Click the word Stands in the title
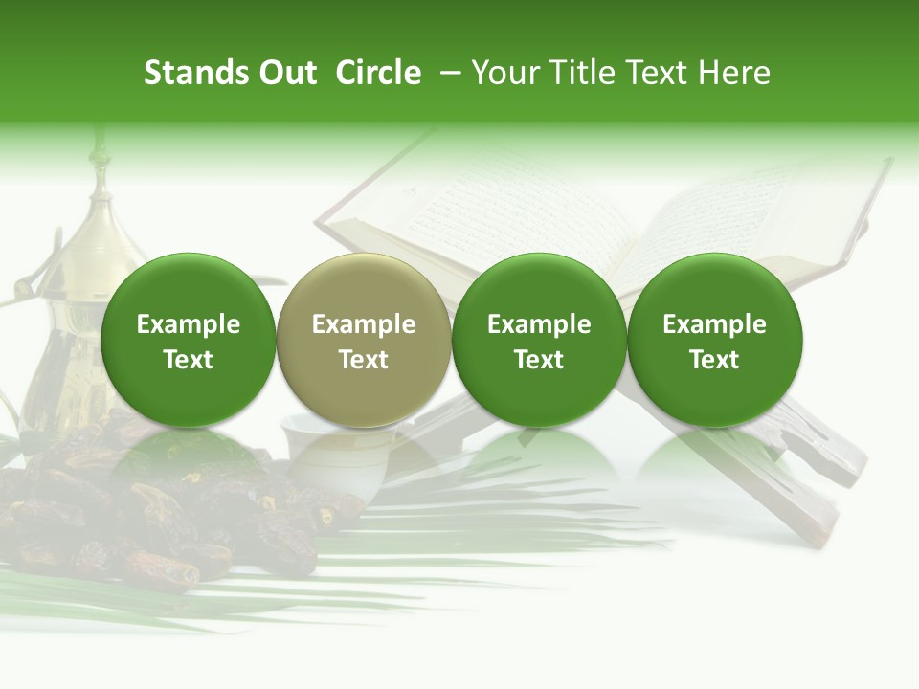(189, 73)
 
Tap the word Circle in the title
(378, 73)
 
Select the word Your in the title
(504, 73)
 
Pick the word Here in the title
(734, 73)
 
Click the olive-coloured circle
(364, 341)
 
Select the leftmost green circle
(189, 341)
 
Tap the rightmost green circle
(715, 341)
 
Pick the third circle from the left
(539, 341)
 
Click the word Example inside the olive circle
(364, 324)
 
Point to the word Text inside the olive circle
(364, 360)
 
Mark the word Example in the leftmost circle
(189, 324)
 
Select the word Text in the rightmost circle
(715, 360)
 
